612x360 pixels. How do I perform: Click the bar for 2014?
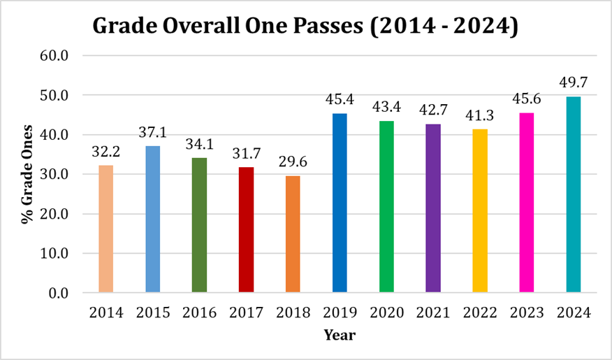click(x=105, y=229)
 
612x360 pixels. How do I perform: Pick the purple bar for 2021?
click(x=433, y=208)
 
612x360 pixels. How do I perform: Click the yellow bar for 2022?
click(x=480, y=210)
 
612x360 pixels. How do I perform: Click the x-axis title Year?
click(x=340, y=336)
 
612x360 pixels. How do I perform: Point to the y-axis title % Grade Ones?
click(x=27, y=174)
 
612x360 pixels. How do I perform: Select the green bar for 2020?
click(x=386, y=206)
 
